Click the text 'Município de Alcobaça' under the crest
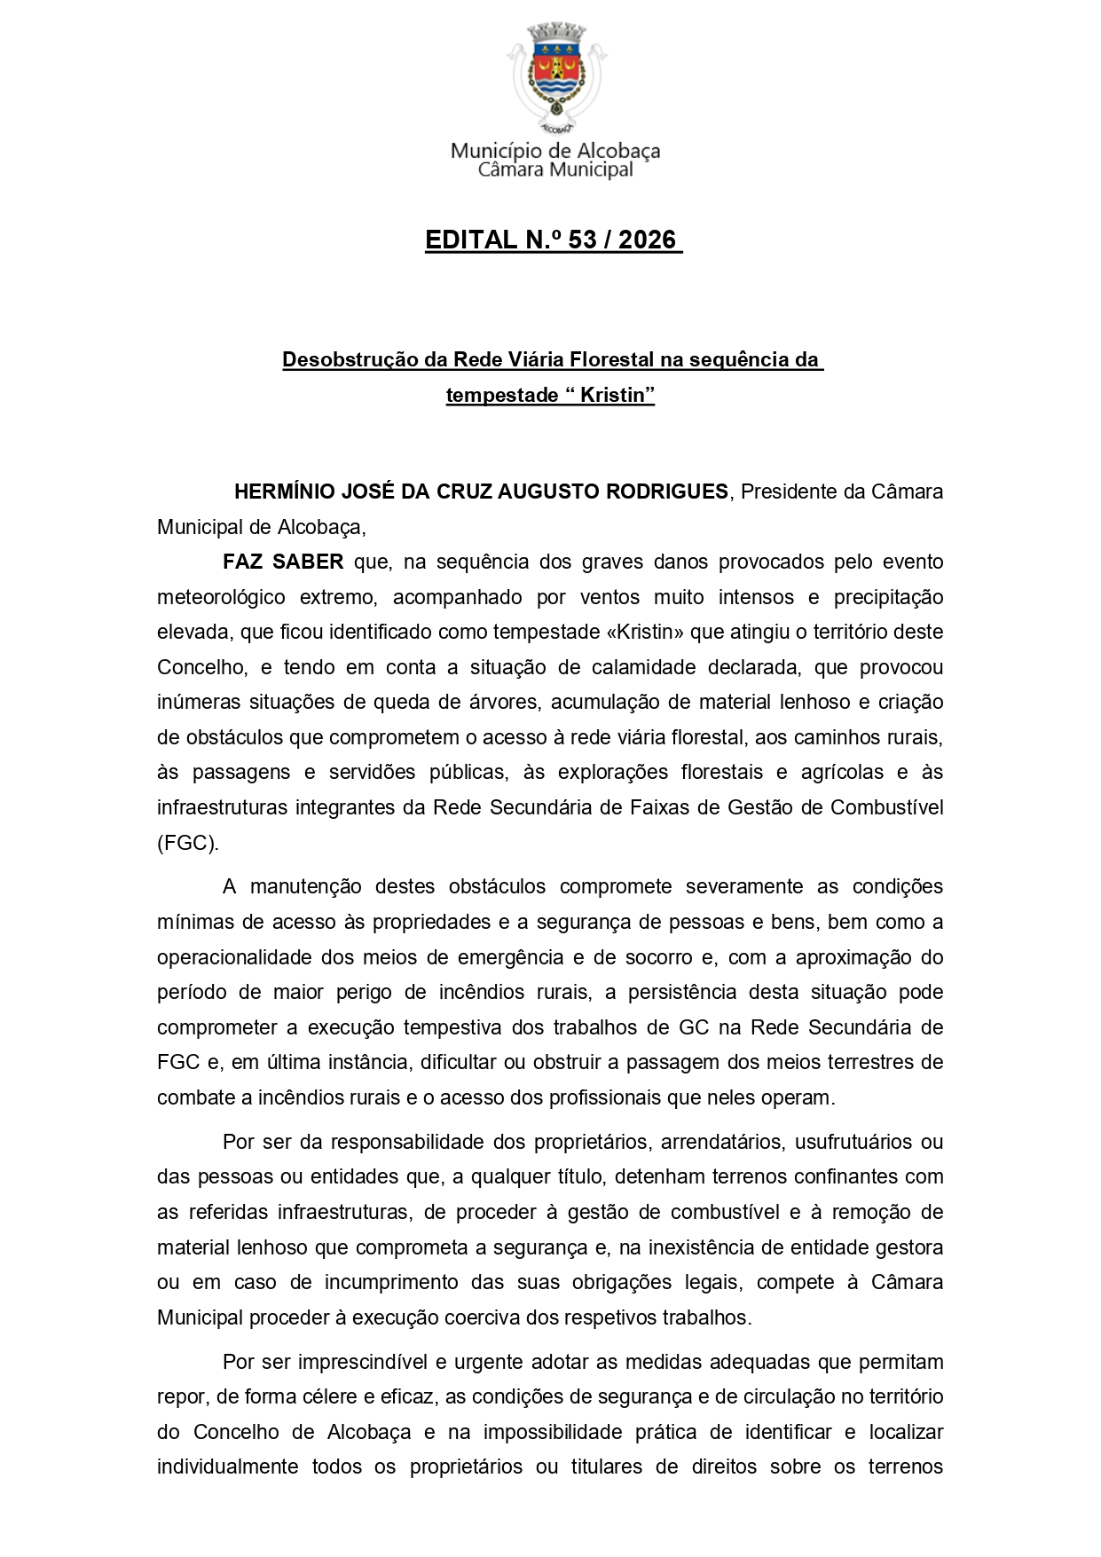coord(555,150)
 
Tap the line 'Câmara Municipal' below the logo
coord(555,169)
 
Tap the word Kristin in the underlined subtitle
coord(613,396)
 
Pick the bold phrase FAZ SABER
coord(283,562)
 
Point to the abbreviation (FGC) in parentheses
coord(187,843)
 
